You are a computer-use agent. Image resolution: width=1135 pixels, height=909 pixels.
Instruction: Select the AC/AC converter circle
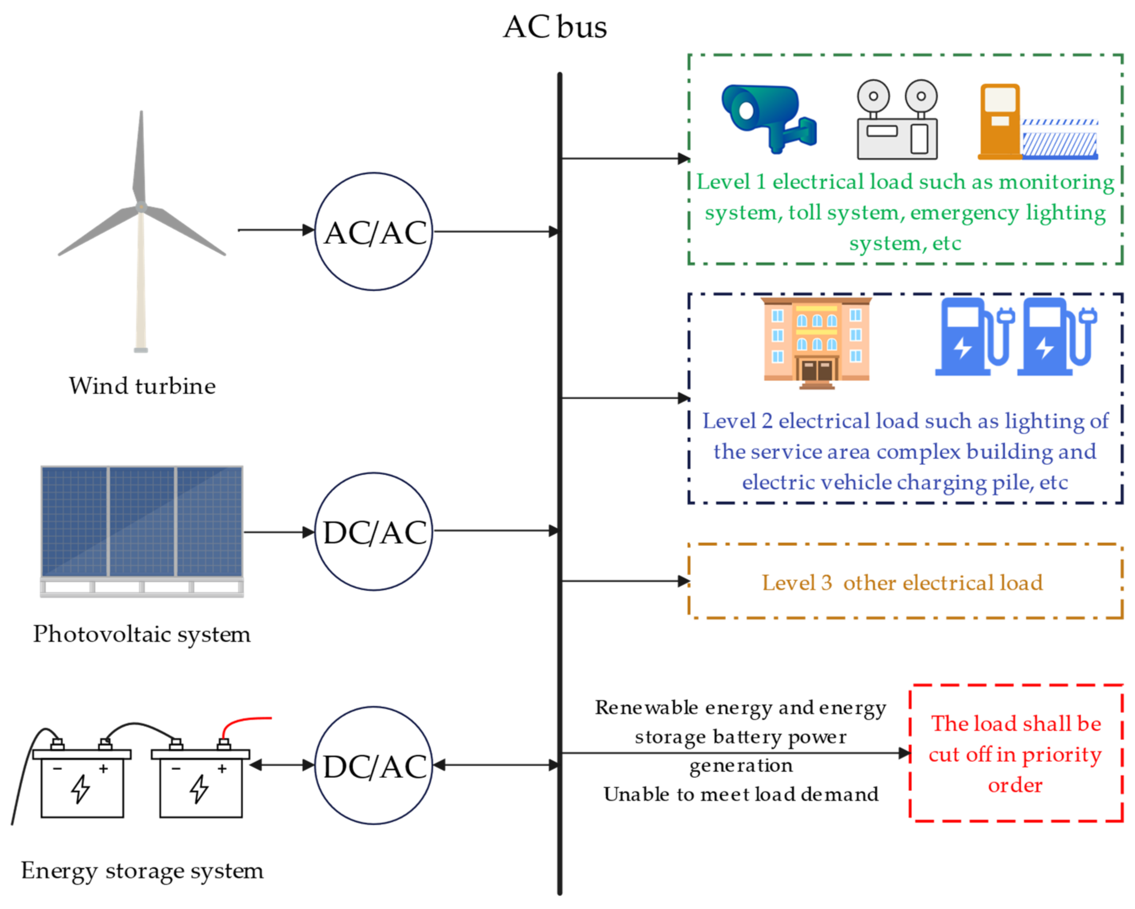[374, 232]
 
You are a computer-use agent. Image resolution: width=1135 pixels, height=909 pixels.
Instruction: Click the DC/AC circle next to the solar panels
[374, 531]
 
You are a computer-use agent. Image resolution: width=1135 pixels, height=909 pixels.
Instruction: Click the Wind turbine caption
[142, 386]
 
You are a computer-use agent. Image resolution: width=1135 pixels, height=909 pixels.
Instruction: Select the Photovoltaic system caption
[142, 634]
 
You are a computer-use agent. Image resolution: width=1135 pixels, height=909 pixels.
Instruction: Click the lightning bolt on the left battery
[81, 788]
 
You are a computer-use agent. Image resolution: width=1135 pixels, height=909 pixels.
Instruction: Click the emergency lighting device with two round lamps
[897, 120]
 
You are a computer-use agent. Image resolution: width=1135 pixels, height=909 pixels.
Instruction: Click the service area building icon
[816, 342]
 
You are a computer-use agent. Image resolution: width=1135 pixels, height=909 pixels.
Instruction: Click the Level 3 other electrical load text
[902, 583]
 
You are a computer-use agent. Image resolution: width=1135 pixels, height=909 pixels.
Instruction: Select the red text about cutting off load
[1015, 754]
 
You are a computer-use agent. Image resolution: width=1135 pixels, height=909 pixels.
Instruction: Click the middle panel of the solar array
[142, 521]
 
